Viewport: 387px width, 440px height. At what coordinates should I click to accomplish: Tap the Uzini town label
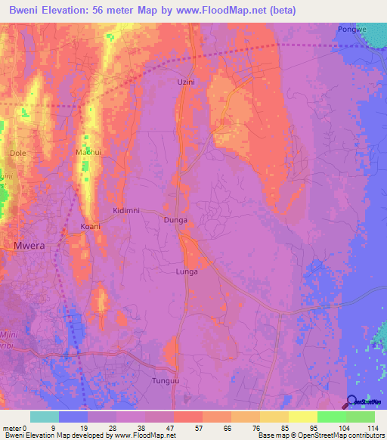click(186, 82)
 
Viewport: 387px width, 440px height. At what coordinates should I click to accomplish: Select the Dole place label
click(17, 153)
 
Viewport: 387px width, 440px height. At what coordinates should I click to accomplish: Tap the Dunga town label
click(175, 220)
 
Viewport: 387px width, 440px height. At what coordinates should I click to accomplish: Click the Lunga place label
click(187, 271)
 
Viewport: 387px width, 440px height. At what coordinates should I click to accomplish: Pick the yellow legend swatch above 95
click(303, 417)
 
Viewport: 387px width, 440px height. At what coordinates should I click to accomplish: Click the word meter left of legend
click(11, 428)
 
